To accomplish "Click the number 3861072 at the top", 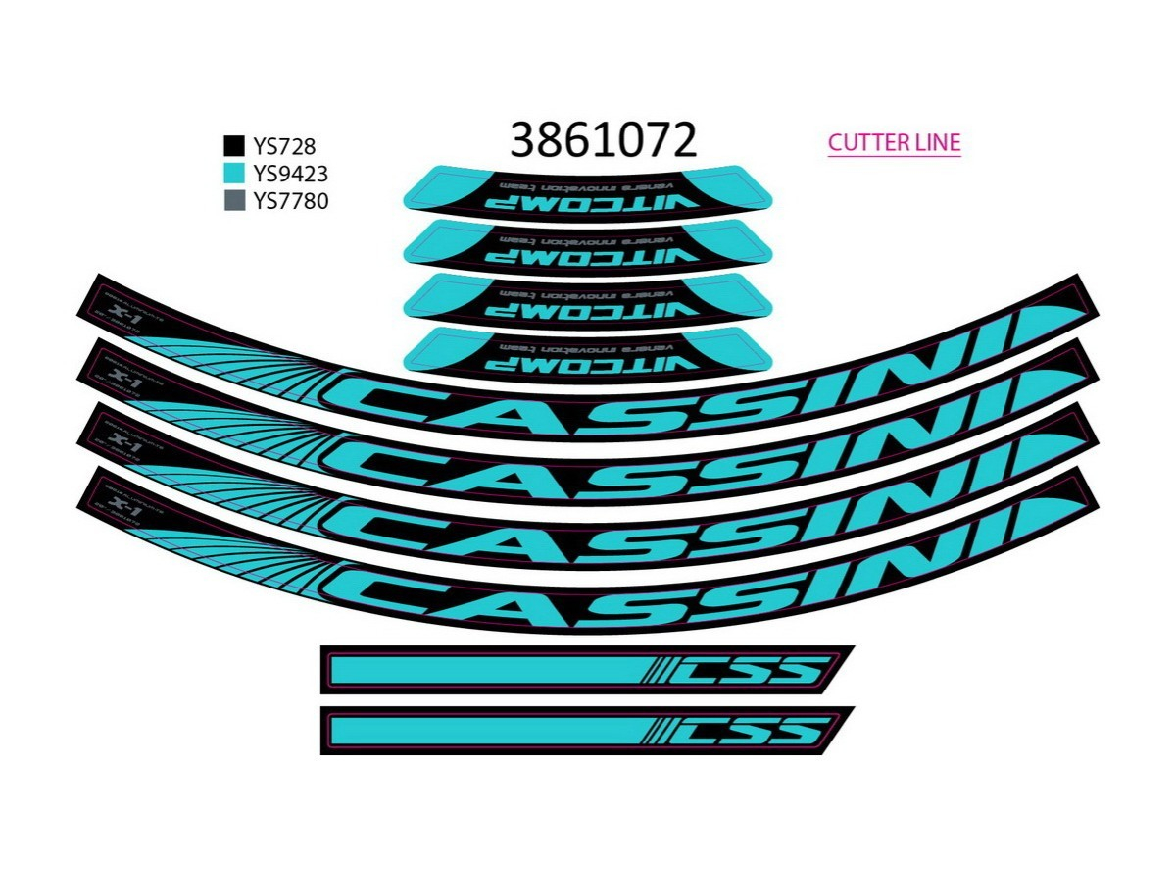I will coord(603,141).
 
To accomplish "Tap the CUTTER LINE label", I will coord(894,142).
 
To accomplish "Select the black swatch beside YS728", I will coord(234,147).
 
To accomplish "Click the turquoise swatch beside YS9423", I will coord(234,175).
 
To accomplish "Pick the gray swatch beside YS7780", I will coord(234,202).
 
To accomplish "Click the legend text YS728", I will coord(284,147).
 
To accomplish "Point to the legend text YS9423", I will coord(290,175).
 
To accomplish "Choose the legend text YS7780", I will coord(290,202).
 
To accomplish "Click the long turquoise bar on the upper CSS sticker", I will coord(485,670).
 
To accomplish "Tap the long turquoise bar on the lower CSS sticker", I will coord(485,730).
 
